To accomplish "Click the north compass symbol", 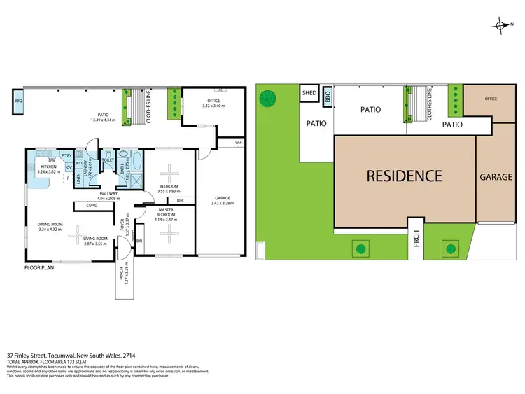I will [503, 26].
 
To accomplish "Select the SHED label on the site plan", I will [309, 94].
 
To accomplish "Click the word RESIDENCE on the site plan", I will [405, 176].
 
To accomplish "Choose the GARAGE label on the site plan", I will [496, 177].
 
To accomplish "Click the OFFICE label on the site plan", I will [491, 99].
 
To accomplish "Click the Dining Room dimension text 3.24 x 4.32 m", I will [51, 229].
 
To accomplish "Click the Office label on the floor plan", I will [212, 101].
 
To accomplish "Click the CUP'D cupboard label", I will [91, 206].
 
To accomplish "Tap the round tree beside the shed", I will [268, 99].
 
